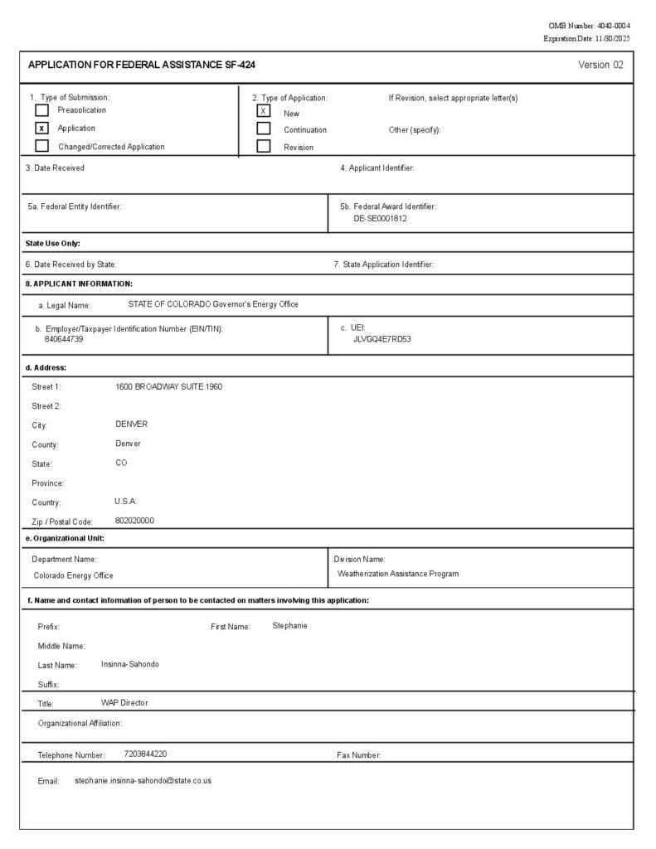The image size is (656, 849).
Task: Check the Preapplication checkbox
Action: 41,110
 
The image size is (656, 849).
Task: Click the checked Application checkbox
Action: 41,129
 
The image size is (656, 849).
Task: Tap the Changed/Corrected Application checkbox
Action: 41,147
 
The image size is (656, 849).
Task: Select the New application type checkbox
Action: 264,111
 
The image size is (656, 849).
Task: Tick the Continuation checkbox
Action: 264,129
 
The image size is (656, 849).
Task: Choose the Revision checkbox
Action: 264,147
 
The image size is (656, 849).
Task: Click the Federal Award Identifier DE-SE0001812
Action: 380,219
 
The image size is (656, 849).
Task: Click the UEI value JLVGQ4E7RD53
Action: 382,339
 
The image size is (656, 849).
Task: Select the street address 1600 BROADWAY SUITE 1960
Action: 169,387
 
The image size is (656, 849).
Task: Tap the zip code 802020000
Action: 134,521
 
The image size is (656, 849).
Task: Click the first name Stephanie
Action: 289,625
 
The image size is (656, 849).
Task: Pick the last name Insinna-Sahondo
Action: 124,664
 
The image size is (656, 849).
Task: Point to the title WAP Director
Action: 124,703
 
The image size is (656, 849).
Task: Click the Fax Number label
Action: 358,755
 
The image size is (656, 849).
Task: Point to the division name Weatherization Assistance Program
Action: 398,574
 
